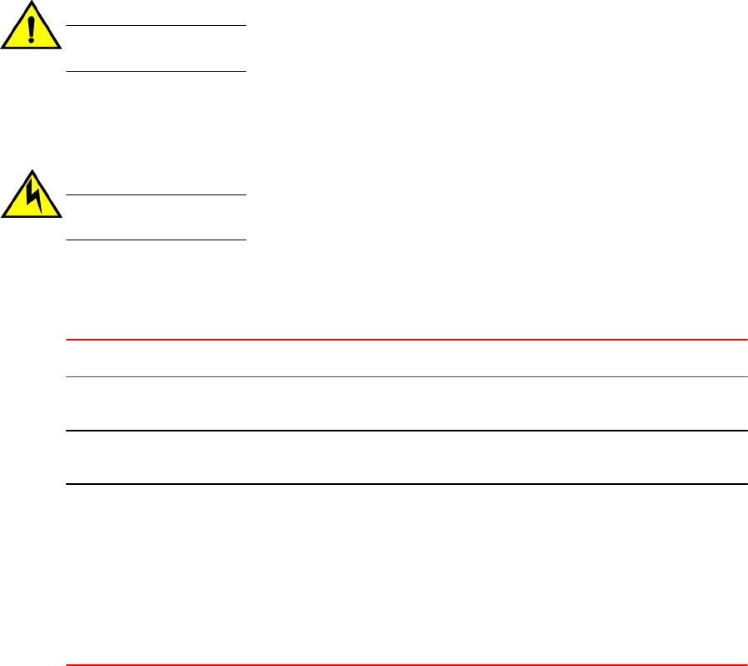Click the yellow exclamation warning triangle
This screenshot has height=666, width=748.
[x=32, y=33]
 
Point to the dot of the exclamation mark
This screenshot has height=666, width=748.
[x=32, y=41]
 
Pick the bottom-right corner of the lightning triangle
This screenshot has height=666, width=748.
[x=60, y=216]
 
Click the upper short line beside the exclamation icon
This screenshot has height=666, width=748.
[x=156, y=26]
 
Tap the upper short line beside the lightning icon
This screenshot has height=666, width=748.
[x=156, y=195]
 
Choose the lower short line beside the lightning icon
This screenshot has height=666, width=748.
[x=156, y=240]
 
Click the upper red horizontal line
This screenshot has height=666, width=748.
[x=406, y=340]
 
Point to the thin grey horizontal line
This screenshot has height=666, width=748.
[x=406, y=376]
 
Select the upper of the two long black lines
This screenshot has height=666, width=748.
[x=406, y=431]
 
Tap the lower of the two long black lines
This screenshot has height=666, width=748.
[x=406, y=484]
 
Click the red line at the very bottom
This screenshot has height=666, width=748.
[x=406, y=665]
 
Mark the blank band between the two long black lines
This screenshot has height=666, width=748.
[x=406, y=457]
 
